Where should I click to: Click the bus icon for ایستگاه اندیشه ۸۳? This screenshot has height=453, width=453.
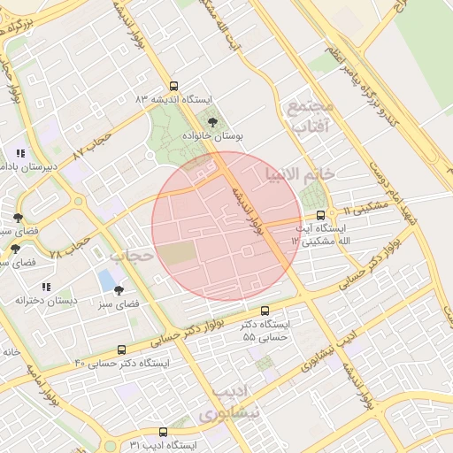coord(173,87)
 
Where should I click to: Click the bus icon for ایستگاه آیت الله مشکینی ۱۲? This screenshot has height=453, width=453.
coord(320,214)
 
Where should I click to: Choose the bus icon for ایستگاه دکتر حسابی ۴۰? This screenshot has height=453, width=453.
coord(121,349)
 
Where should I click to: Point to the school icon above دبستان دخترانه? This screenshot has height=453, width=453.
coord(45,287)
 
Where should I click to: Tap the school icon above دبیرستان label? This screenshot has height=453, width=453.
coord(20,152)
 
